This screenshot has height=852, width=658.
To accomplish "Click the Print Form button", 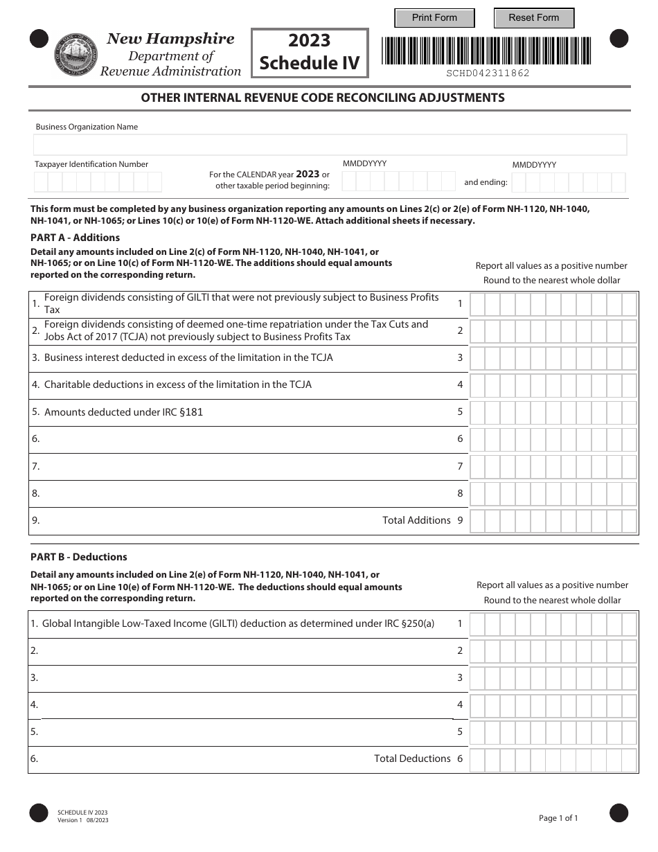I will click(434, 18).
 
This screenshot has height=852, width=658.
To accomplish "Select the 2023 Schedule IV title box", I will click(309, 52).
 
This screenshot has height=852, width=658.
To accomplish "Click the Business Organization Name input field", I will click(330, 145).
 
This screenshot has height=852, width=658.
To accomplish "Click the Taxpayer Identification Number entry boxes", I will click(98, 182).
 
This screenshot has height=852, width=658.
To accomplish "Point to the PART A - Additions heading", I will click(75, 238).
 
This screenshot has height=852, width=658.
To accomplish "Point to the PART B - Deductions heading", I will click(79, 557).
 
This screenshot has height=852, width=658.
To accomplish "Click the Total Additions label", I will click(416, 520).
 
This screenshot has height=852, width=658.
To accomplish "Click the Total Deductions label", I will click(412, 758).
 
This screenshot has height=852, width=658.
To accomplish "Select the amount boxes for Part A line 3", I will click(553, 358).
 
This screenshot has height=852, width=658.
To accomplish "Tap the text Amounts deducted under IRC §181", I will click(123, 412).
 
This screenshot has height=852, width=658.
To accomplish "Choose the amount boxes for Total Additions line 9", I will click(553, 520).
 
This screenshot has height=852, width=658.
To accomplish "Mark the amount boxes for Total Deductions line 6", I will click(553, 758).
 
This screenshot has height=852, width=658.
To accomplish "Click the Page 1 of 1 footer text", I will click(558, 818).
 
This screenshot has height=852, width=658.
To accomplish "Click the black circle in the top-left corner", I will click(39, 39).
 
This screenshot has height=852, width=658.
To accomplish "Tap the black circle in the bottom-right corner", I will click(619, 813).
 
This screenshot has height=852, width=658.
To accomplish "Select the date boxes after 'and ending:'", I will click(569, 183).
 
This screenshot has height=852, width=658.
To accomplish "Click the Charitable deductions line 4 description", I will click(177, 384).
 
